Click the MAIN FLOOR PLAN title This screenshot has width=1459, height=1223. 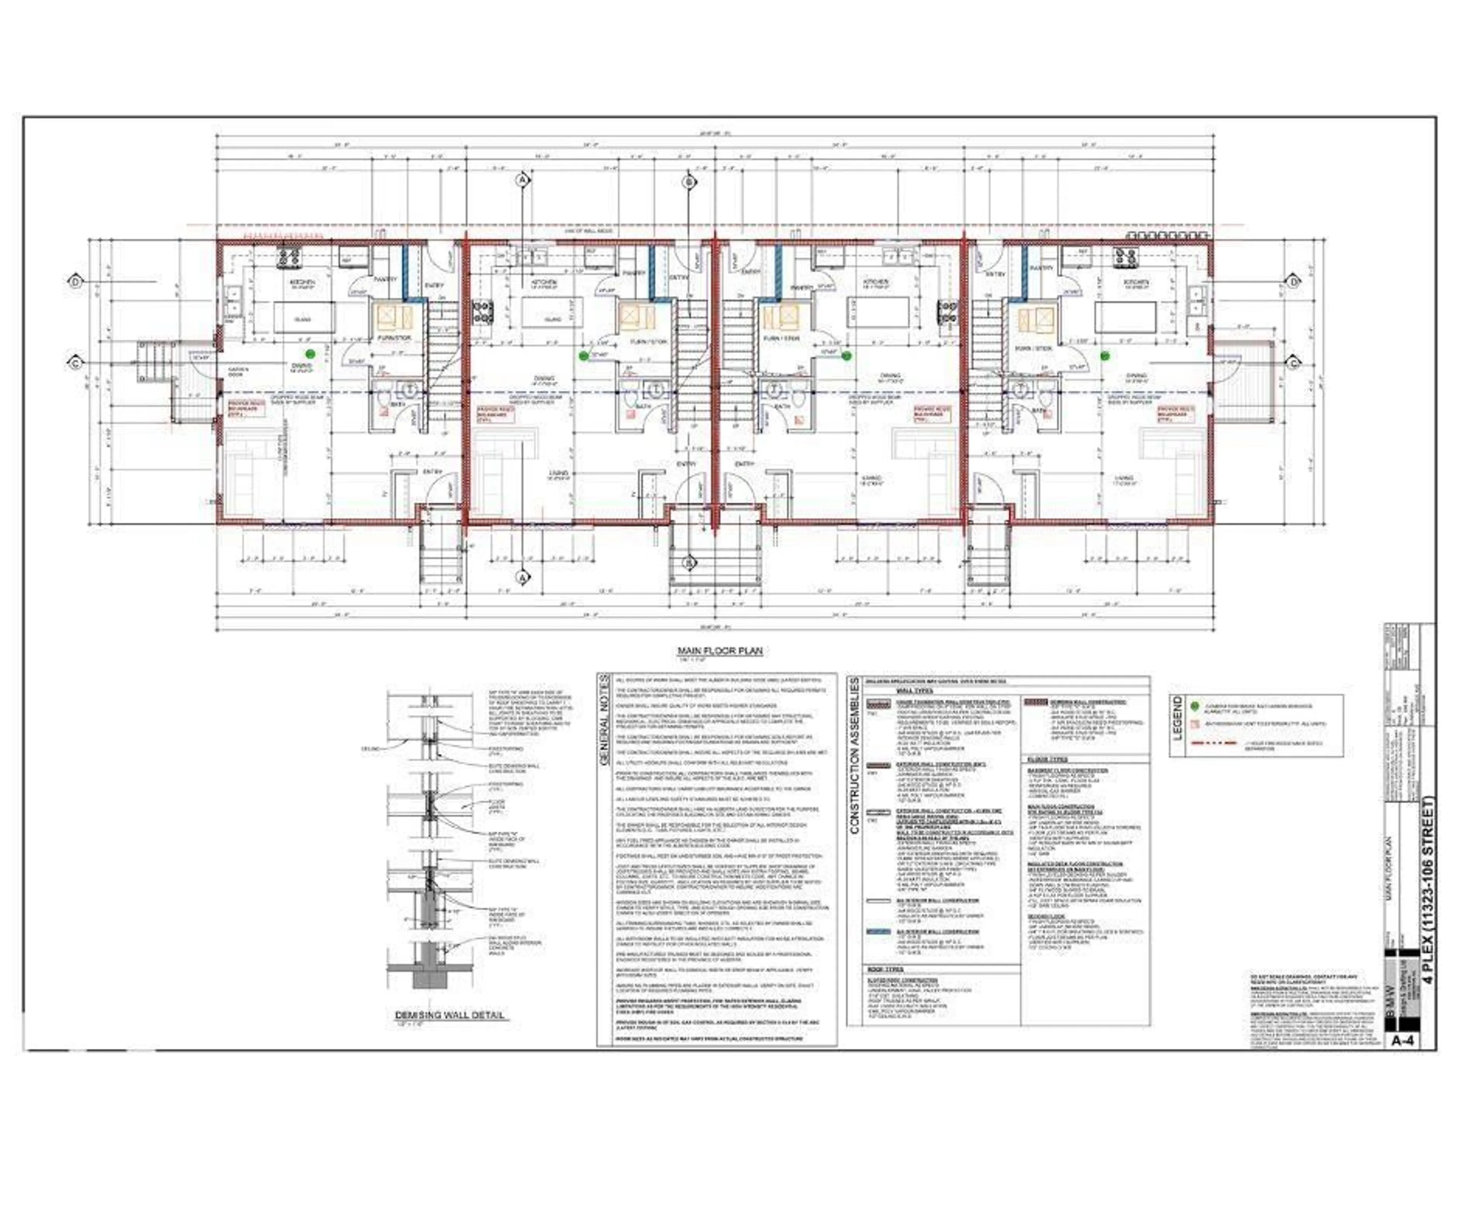tap(720, 651)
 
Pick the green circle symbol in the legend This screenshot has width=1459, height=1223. tap(1195, 706)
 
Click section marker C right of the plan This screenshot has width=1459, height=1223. tap(1294, 363)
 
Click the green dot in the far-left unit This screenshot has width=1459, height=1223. tap(310, 354)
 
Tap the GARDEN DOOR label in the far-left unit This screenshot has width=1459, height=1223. tap(238, 372)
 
